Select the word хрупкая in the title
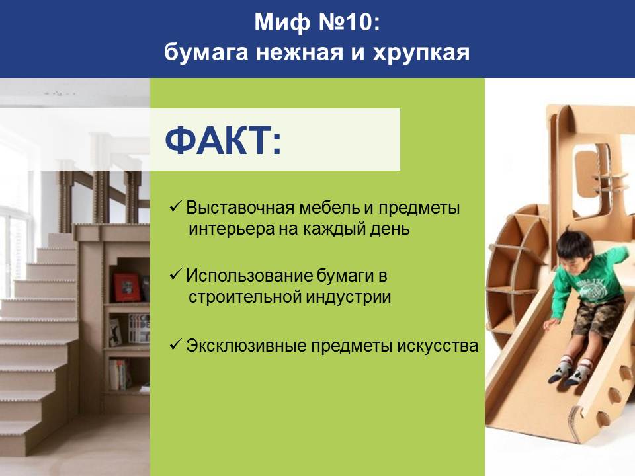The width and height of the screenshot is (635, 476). [421, 53]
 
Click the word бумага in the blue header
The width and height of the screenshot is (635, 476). [206, 53]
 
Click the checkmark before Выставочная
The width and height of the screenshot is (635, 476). [175, 207]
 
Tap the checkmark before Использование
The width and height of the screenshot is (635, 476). [175, 275]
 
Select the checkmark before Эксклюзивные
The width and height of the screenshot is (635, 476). [175, 345]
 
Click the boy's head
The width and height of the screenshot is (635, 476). [574, 248]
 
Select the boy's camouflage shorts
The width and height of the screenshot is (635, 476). [596, 316]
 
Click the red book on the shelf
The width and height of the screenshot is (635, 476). [126, 287]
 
